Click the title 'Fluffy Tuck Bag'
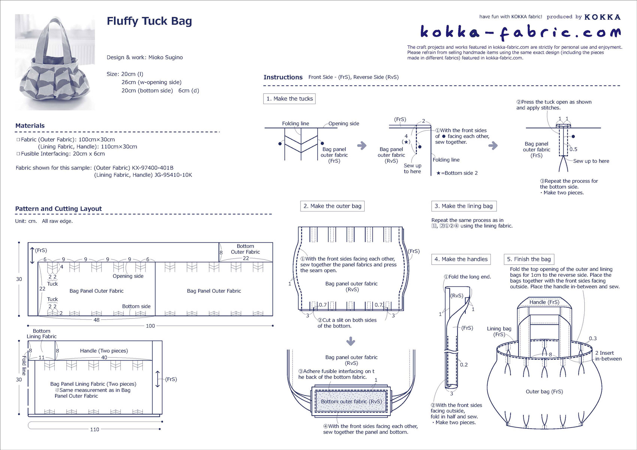click(x=149, y=21)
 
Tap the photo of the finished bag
click(x=55, y=62)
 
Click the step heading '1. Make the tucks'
click(x=289, y=99)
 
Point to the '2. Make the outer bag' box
click(x=332, y=206)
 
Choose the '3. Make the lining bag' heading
click(x=464, y=206)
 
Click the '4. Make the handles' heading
click(x=461, y=259)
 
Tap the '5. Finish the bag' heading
click(x=528, y=259)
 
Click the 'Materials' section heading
click(x=30, y=126)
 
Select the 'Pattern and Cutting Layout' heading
click(x=58, y=209)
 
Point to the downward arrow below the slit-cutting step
click(x=350, y=341)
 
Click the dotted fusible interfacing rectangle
click(x=351, y=402)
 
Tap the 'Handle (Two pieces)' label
click(x=104, y=351)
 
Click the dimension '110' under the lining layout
click(x=94, y=429)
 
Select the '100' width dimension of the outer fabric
click(x=150, y=326)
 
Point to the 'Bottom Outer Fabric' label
click(x=245, y=249)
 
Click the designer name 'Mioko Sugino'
click(x=166, y=58)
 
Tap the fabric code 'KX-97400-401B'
click(x=153, y=168)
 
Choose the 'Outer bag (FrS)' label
click(x=544, y=392)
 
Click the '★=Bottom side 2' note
click(x=457, y=173)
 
